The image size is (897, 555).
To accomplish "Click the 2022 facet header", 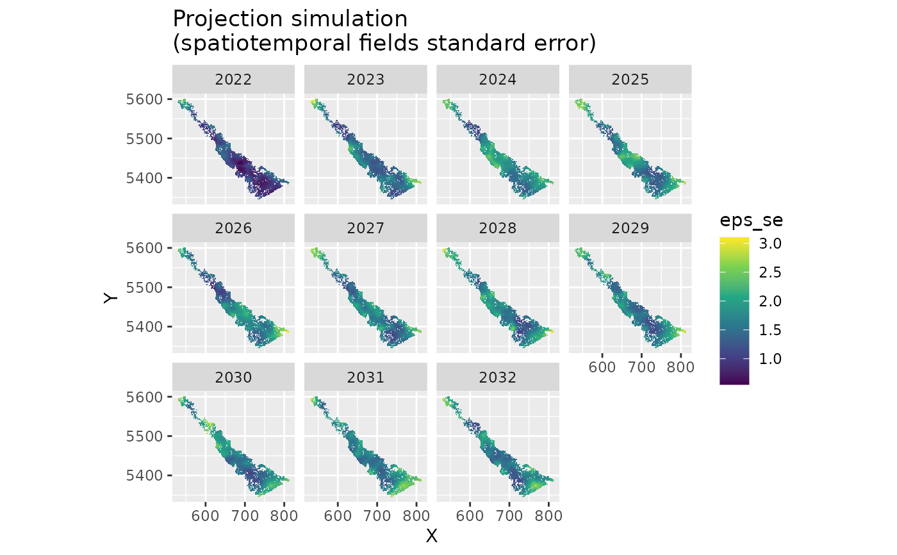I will [233, 79].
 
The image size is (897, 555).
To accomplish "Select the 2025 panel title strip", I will [630, 79].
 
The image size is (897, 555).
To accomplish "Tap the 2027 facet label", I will [365, 228].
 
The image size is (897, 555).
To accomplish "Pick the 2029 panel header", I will [630, 228].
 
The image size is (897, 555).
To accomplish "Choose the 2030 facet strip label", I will [233, 377].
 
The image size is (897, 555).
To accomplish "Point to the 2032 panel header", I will [498, 377].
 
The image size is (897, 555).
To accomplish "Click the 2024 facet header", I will [498, 79].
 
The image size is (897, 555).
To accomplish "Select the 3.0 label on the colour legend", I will [771, 244].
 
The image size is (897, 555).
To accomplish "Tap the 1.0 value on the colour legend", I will [771, 358].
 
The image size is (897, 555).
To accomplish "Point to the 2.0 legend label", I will [771, 301].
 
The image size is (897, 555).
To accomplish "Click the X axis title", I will [432, 536].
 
